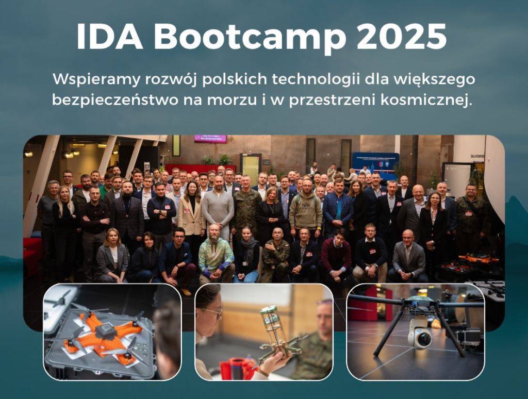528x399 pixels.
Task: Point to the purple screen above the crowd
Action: tap(210, 139)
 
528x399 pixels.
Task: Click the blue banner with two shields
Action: tap(375, 161)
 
